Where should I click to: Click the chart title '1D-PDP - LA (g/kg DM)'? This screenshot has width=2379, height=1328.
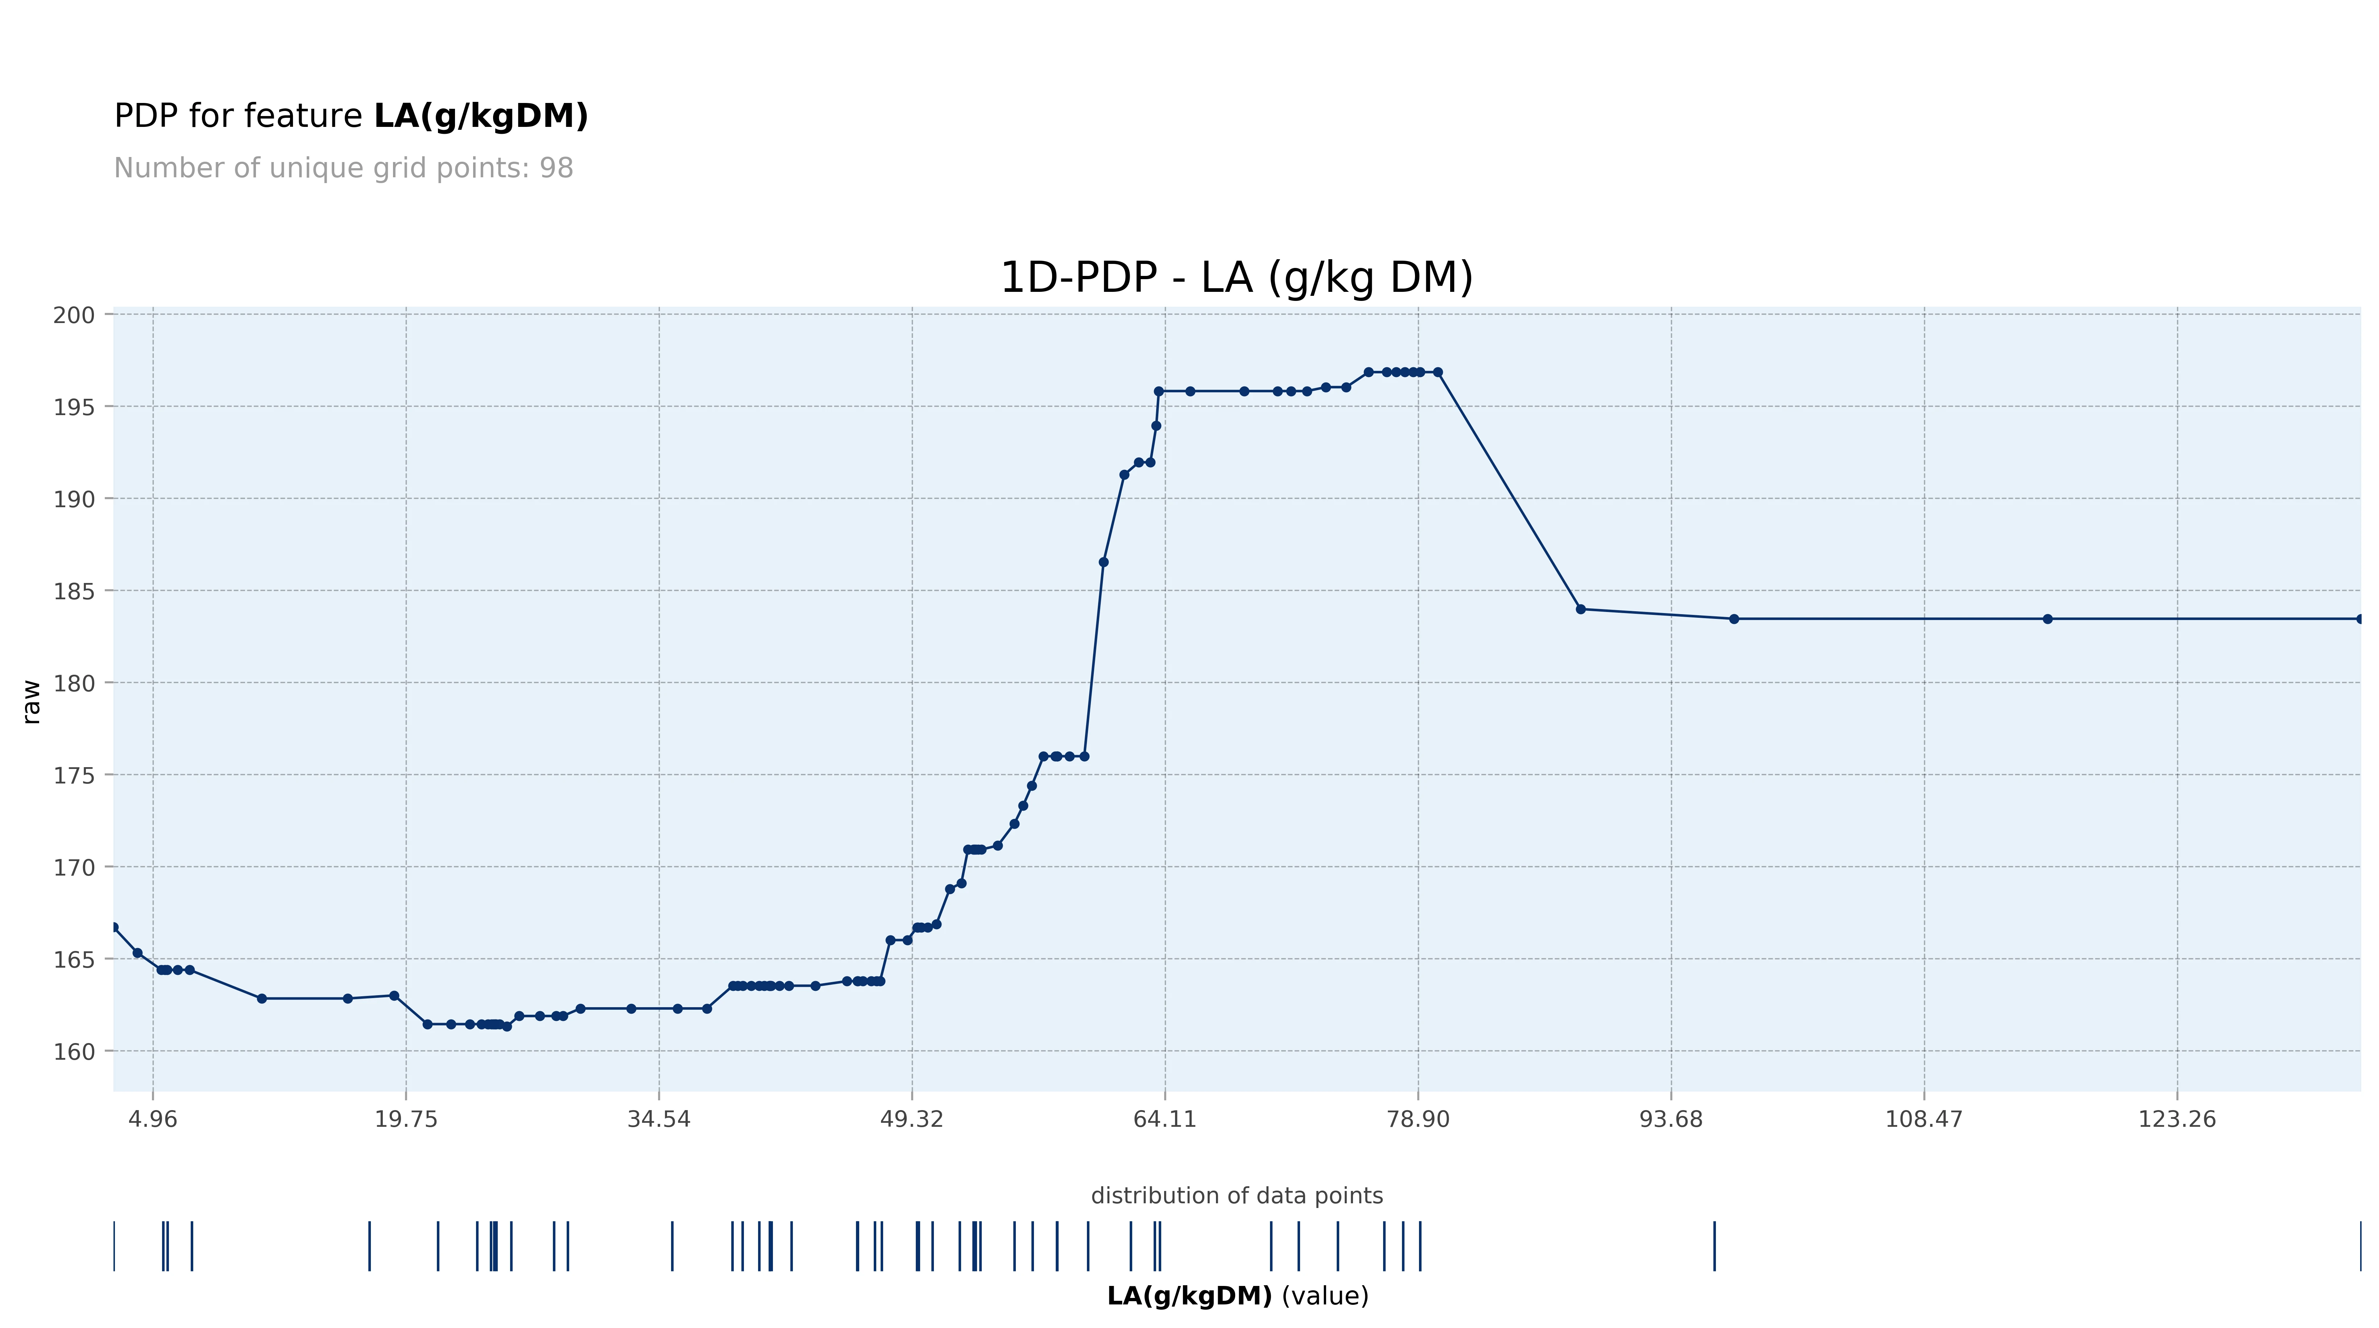click(x=1237, y=278)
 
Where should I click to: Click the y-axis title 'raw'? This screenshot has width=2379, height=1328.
click(x=32, y=702)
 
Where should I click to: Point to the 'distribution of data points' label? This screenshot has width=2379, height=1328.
click(x=1237, y=1196)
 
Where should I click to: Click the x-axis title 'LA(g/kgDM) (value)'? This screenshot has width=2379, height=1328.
click(x=1237, y=1296)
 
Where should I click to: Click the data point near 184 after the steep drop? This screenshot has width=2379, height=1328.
click(x=1580, y=609)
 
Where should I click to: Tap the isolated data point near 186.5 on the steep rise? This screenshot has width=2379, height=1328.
click(x=1104, y=562)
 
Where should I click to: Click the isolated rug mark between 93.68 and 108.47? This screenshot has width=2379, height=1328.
click(x=1714, y=1246)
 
